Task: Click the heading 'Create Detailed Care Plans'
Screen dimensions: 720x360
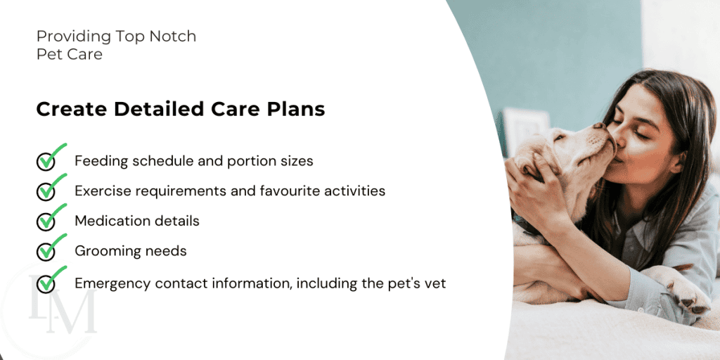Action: click(x=181, y=109)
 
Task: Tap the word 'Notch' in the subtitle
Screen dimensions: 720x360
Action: click(x=175, y=36)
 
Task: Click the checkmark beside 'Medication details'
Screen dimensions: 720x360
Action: click(x=51, y=217)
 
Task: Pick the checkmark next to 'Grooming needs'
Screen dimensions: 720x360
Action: click(x=51, y=247)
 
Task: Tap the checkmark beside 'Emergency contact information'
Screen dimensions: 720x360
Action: click(x=51, y=279)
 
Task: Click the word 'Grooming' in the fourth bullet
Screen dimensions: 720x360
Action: click(x=101, y=251)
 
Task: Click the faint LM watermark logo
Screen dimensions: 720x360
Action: click(x=63, y=304)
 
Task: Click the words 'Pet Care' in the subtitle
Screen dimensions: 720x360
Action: click(x=70, y=54)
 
